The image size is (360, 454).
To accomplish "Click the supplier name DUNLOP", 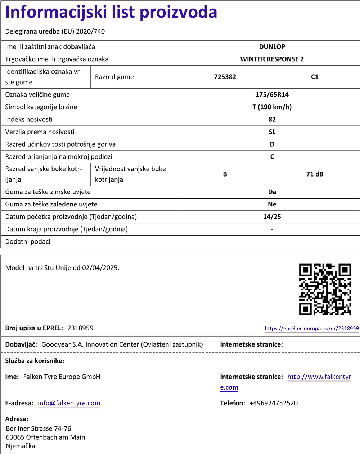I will click(x=272, y=47).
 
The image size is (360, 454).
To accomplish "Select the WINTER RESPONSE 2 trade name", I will click(x=272, y=59).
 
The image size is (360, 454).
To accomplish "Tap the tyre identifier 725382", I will click(x=225, y=77).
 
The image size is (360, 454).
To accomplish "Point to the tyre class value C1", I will click(x=315, y=77).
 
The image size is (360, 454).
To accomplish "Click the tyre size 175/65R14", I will click(x=272, y=95).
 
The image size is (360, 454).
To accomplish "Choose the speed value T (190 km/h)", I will click(x=272, y=107).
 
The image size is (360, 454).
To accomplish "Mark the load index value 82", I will click(x=272, y=119).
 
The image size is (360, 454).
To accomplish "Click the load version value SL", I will click(x=272, y=132).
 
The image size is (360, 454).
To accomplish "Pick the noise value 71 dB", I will click(x=315, y=174).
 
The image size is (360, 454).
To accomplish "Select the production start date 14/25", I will click(x=272, y=217).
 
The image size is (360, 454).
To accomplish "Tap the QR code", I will click(x=325, y=289).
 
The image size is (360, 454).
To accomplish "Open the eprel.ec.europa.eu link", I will click(x=311, y=329).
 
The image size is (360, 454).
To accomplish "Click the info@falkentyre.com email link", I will click(x=69, y=403).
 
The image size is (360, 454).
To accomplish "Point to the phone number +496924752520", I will click(x=273, y=403).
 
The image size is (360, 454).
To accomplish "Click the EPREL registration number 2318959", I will click(x=80, y=328).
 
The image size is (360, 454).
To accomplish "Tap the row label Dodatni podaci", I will click(x=28, y=242).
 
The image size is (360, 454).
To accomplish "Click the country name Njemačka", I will click(x=21, y=446).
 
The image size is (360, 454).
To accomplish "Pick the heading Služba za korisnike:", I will click(x=35, y=361).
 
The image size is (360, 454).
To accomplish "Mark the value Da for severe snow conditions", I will click(x=272, y=192).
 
